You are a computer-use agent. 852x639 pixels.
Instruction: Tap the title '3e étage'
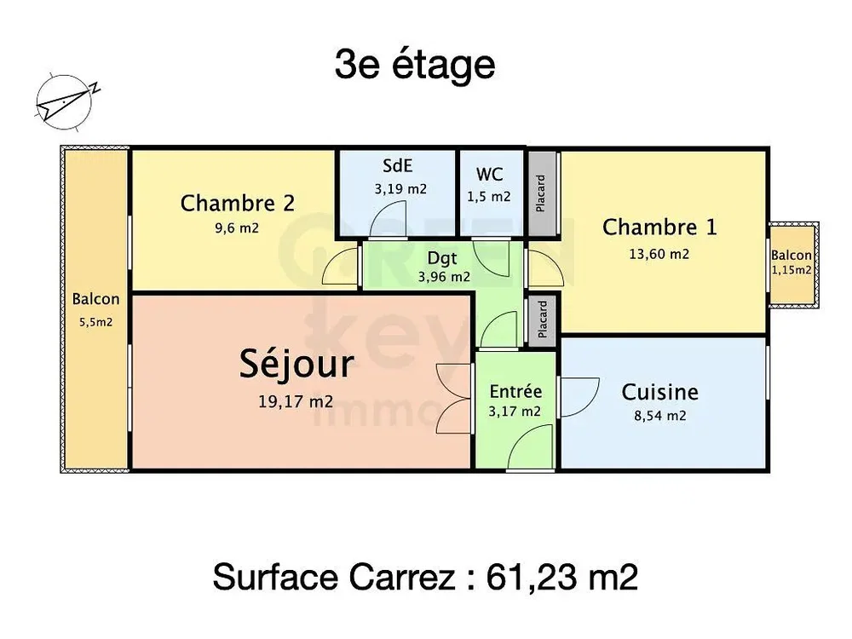pyautogui.click(x=415, y=66)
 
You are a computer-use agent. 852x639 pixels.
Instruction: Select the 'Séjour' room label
pyautogui.click(x=295, y=365)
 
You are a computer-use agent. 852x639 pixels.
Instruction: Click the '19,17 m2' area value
pyautogui.click(x=295, y=402)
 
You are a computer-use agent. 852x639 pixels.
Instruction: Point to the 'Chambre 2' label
pyautogui.click(x=238, y=204)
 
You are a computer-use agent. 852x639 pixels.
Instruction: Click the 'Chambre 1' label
pyautogui.click(x=659, y=227)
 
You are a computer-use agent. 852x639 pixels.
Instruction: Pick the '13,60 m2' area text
pyautogui.click(x=659, y=254)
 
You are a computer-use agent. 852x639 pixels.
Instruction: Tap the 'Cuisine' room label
pyautogui.click(x=659, y=392)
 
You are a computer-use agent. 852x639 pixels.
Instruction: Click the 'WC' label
pyautogui.click(x=489, y=175)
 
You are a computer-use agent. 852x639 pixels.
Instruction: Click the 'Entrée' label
pyautogui.click(x=515, y=392)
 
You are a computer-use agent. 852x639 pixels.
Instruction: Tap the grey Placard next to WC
pyautogui.click(x=541, y=193)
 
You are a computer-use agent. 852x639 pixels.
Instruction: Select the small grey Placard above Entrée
pyautogui.click(x=542, y=319)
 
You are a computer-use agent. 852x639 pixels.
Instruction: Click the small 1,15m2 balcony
pyautogui.click(x=792, y=264)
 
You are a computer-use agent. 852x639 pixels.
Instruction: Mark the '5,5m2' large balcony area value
pyautogui.click(x=95, y=323)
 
